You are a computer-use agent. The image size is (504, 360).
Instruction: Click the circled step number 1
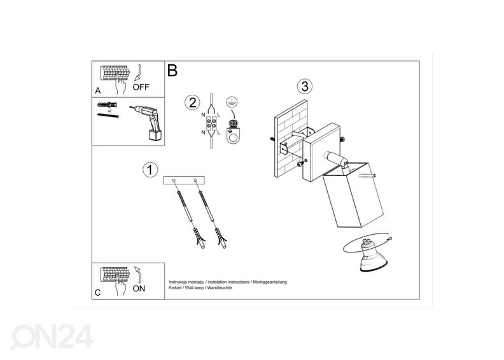150,170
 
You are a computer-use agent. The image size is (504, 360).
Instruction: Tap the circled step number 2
192,103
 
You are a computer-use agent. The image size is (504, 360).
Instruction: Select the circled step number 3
305,86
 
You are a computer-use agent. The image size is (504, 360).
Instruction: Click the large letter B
172,71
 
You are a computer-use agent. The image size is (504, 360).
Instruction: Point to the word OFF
141,87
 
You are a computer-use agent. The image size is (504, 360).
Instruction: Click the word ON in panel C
139,289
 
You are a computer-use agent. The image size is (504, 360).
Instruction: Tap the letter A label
98,91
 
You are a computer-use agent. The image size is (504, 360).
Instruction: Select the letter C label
98,293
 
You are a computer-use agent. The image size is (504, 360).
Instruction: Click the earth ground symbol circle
231,102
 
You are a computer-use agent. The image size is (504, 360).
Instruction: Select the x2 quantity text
109,111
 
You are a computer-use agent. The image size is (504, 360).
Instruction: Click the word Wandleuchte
220,287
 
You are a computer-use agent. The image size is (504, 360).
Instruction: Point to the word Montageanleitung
270,282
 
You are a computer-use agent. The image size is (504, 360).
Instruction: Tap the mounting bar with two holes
184,181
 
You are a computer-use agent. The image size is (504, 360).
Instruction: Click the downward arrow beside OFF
139,73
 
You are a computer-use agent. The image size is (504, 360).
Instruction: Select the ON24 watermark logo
52,336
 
